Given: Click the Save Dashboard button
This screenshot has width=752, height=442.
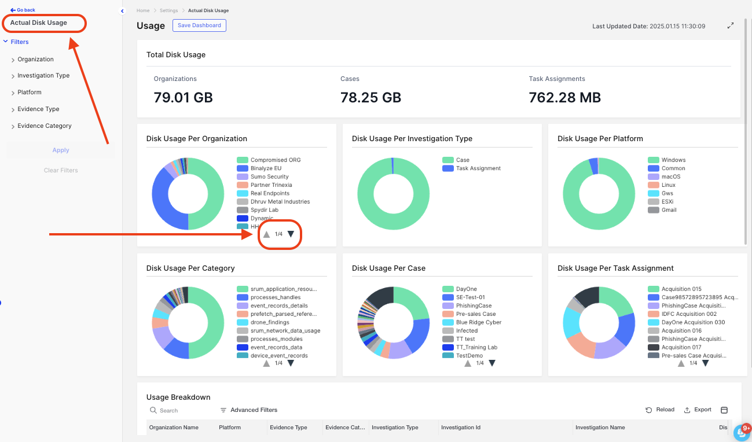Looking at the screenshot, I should (x=199, y=25).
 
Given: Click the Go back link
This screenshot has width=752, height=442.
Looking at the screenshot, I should (x=23, y=10).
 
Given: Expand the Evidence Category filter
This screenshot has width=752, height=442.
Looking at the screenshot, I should (x=44, y=126).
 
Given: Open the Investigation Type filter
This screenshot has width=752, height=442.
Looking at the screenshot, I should (x=43, y=76).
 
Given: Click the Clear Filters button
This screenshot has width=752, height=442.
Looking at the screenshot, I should (x=61, y=170).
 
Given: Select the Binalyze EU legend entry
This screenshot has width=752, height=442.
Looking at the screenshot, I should (x=266, y=168).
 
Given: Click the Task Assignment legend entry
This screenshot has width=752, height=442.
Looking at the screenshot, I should (x=478, y=168).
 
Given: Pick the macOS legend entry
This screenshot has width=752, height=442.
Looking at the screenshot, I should (x=671, y=176).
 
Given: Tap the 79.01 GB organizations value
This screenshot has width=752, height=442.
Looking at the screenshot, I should (x=183, y=98).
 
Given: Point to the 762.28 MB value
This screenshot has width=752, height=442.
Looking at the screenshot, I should (x=564, y=98).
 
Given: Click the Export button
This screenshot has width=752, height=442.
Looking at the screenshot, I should (x=698, y=410).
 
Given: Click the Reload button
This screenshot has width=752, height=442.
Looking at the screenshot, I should (x=660, y=410).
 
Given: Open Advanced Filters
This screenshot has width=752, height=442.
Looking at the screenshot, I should (x=249, y=410).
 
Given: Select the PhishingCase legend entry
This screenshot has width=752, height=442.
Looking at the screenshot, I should (x=474, y=305).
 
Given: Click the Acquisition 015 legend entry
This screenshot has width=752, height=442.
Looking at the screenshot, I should (x=681, y=289).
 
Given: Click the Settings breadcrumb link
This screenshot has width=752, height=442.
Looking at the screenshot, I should (x=169, y=11).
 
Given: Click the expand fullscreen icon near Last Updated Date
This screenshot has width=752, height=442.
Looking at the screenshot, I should (x=731, y=26).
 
